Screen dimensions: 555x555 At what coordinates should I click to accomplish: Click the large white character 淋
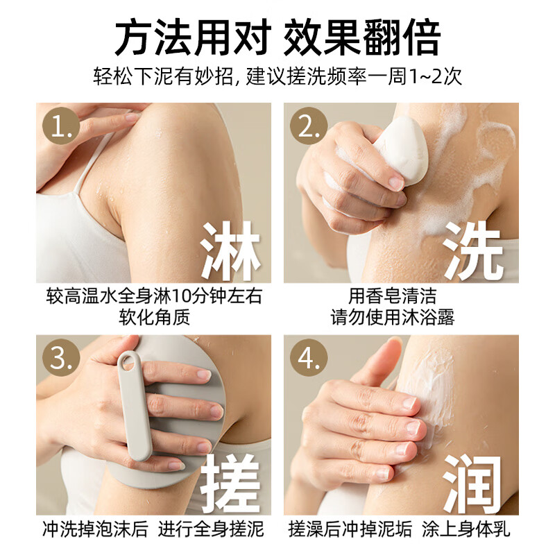(x=230, y=250)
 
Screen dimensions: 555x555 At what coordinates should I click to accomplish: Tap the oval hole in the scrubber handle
(x=127, y=361)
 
